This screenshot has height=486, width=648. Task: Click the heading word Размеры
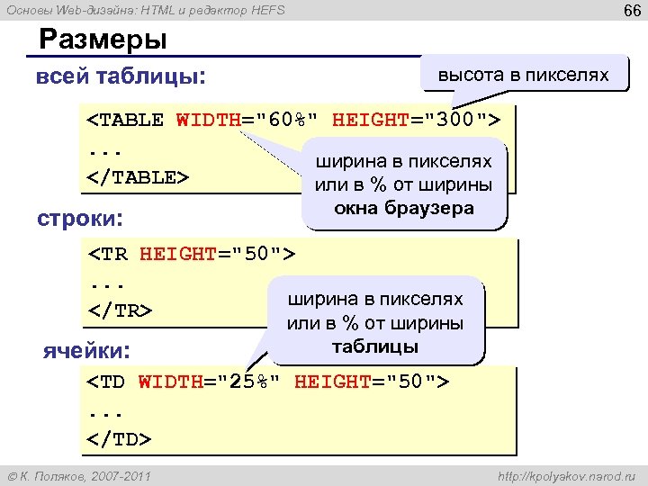[x=103, y=40]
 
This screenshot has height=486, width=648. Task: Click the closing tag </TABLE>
[x=138, y=176]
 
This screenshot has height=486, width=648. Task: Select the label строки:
[x=79, y=219]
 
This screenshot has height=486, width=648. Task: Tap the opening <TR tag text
[x=108, y=255]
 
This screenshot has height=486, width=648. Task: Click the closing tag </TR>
[x=120, y=310]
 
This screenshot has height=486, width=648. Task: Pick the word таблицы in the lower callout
[x=374, y=346]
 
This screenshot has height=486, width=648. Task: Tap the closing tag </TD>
[x=120, y=439]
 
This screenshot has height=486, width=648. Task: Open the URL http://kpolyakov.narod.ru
[x=566, y=474]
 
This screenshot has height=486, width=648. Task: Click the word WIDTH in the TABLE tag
[x=208, y=121]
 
